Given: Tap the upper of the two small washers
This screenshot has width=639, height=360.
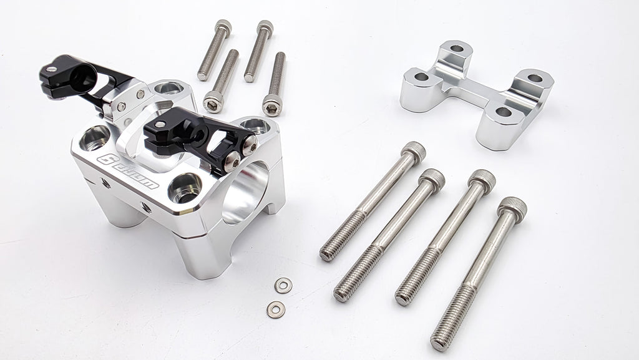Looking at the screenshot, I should [x=283, y=285].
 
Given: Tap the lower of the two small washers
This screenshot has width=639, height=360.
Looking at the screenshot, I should [x=275, y=308].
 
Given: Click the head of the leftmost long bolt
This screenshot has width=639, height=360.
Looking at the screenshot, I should [x=413, y=150].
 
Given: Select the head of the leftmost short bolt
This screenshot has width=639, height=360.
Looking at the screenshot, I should [x=223, y=26].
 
